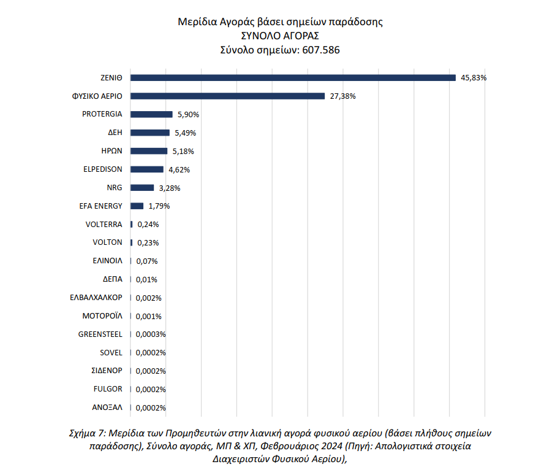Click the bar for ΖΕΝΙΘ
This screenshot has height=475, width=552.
tap(293, 77)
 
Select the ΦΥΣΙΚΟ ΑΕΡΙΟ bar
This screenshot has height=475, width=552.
tap(227, 96)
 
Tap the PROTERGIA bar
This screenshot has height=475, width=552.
tap(151, 114)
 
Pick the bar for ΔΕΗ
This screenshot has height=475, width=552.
tap(150, 133)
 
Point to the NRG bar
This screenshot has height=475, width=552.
tap(142, 188)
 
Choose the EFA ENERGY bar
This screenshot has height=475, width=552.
tap(137, 206)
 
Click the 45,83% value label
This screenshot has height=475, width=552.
tap(474, 78)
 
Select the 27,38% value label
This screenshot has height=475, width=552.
tap(342, 96)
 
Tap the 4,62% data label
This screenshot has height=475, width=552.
tap(179, 170)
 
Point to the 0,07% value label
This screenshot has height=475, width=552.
tap(147, 261)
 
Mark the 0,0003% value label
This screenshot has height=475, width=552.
tap(151, 334)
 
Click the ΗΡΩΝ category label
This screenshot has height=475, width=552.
tap(112, 151)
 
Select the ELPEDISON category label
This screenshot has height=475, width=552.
tap(103, 169)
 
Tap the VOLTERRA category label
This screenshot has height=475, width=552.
tap(104, 224)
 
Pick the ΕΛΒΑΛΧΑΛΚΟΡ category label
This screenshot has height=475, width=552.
tap(96, 298)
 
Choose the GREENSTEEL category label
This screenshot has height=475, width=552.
tap(100, 334)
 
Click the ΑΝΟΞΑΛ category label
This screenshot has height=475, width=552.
tap(107, 407)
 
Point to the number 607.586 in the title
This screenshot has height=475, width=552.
tap(320, 50)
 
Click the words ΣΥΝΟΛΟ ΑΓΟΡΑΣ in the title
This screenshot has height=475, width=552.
tap(280, 36)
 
